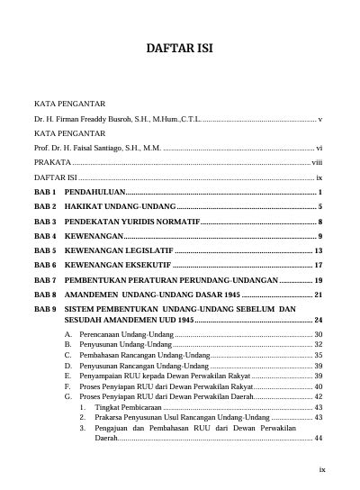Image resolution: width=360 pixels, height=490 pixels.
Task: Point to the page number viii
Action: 317,162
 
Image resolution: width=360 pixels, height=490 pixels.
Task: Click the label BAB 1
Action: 45,194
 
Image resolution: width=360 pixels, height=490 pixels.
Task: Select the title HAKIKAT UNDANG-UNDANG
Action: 120,207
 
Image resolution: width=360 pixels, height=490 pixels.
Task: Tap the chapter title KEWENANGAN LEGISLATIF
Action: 118,250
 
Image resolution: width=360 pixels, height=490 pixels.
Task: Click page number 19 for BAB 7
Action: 319,281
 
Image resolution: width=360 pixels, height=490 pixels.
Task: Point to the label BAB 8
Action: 45,295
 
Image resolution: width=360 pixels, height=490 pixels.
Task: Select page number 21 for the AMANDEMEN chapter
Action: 319,295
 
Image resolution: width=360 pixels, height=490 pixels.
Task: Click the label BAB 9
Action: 45,309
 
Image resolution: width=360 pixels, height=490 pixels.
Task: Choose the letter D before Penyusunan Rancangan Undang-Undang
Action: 69,367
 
